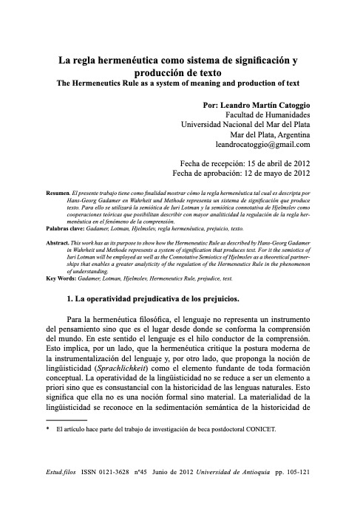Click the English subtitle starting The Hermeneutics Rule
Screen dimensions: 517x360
[x=179, y=83]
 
